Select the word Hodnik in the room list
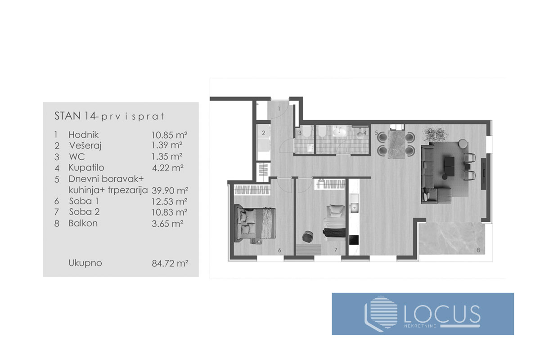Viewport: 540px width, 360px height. tap(84, 135)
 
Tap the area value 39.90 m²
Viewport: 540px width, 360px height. tap(170, 191)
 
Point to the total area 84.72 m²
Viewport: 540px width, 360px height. tap(170, 264)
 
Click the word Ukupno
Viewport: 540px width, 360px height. tap(85, 263)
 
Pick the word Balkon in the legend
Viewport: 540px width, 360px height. tap(83, 223)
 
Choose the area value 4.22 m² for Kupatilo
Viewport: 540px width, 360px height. tap(168, 168)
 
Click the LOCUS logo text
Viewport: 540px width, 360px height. tap(442, 315)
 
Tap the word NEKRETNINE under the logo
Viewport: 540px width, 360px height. tap(420, 326)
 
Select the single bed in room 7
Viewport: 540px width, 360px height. tap(334, 222)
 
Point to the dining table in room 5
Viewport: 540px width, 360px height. tap(396, 144)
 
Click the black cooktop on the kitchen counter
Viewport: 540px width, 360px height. tap(354, 240)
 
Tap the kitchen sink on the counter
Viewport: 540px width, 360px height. tap(354, 208)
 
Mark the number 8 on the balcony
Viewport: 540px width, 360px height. tap(478, 250)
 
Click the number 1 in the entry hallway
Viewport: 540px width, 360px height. tap(279, 109)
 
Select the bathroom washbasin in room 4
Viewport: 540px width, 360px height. tap(340, 132)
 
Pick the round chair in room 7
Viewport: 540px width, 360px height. tap(307, 237)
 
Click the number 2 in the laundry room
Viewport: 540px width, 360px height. tap(264, 133)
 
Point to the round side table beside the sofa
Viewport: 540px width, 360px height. tap(463, 144)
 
